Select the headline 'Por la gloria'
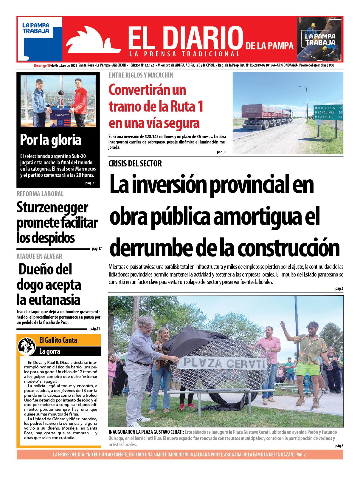(x=51, y=140)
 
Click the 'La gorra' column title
(x=50, y=351)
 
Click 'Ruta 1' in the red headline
(x=186, y=106)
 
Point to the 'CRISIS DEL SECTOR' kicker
(x=135, y=163)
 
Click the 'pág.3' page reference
(x=339, y=288)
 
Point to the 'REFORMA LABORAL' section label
(x=40, y=194)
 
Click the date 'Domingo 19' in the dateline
(x=42, y=65)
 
